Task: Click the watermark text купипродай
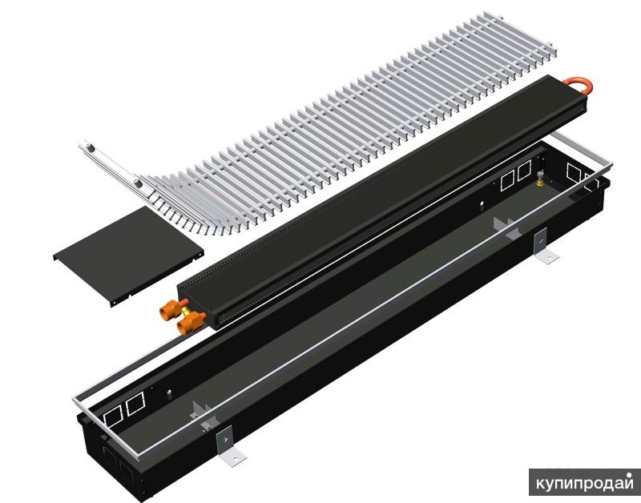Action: tap(584, 484)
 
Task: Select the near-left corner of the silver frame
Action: tap(79, 398)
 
